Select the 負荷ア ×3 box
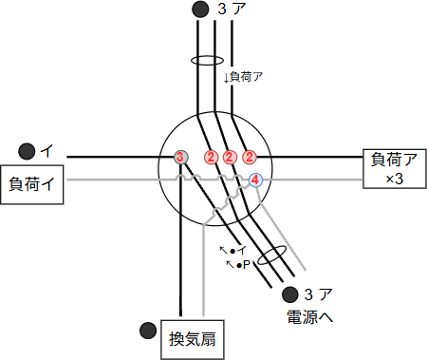tap(393, 169)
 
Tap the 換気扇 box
tap(194, 339)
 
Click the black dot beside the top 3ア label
tap(199, 9)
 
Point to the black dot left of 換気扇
tap(146, 331)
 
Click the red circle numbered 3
tap(180, 157)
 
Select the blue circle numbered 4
tap(254, 180)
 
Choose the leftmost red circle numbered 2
tap(211, 157)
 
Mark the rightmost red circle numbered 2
tap(250, 157)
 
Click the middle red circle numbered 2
tap(230, 157)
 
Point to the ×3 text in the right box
tap(394, 179)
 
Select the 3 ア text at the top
tap(228, 9)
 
